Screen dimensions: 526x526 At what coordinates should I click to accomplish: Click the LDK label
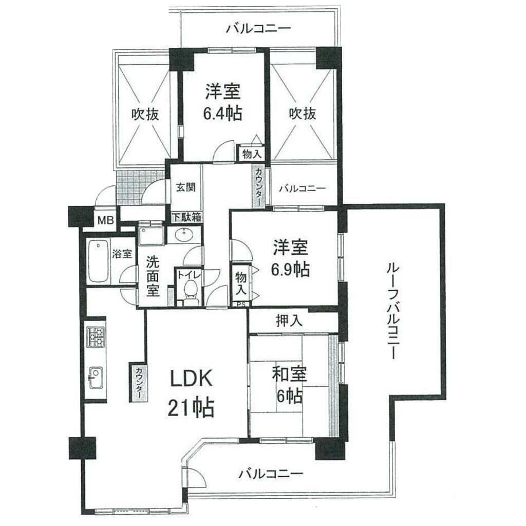191,379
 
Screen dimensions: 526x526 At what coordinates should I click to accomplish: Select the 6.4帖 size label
222,114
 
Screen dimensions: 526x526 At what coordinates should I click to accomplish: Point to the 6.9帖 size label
290,269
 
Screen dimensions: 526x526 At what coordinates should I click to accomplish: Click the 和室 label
290,374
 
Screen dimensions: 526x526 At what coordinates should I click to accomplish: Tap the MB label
106,221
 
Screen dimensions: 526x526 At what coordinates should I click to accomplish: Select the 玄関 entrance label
186,187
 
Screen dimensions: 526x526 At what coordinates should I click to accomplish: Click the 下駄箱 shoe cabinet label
186,217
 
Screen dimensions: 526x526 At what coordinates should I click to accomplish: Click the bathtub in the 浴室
98,261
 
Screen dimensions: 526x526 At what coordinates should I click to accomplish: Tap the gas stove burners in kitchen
96,337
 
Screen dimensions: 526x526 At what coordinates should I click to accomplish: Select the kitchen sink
96,377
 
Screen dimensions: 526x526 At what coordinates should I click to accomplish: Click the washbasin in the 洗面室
184,234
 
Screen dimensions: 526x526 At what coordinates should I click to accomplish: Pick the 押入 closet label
289,321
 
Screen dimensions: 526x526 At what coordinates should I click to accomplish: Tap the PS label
241,305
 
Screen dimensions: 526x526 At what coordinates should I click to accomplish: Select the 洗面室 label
152,277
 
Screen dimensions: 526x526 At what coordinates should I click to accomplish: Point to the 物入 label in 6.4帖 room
252,154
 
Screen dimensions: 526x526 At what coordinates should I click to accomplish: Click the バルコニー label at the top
258,28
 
